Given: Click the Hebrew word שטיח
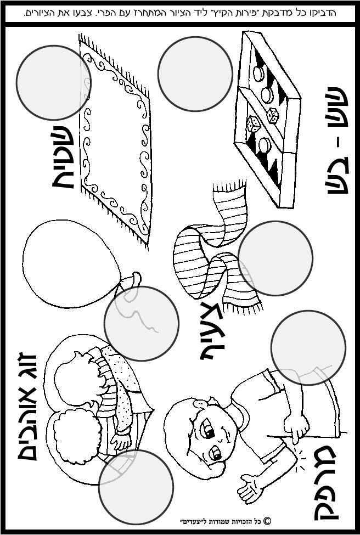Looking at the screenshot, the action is pos(63,157).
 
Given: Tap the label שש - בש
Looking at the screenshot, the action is pos(338,140).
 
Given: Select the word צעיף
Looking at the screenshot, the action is pos(212,331).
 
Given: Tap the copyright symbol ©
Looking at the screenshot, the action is pos(267,521).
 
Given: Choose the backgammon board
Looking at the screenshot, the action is pos(267,120).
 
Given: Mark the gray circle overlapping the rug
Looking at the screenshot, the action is pos(53,82).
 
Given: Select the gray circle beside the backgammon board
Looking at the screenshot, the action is pos(195,74).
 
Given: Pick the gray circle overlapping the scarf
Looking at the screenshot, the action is pos(275,258).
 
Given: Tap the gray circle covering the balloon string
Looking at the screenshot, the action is pos(142,323).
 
